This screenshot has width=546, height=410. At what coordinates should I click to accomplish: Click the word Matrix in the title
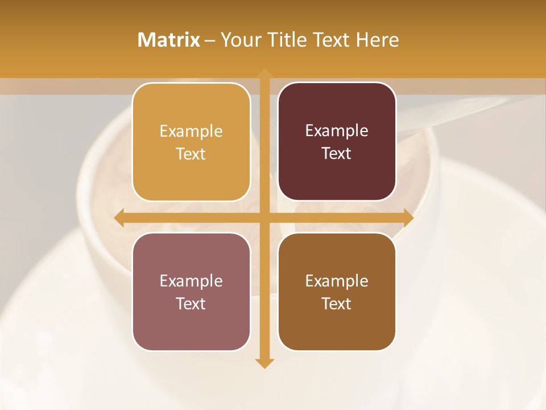(168, 40)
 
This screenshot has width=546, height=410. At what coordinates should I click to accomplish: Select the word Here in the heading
(378, 40)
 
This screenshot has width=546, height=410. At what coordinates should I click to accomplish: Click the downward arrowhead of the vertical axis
(264, 363)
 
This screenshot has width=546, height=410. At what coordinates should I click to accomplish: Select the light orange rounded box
(191, 142)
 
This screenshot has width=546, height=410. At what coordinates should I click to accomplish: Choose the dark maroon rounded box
(337, 142)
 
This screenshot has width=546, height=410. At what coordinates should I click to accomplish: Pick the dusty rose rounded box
(191, 292)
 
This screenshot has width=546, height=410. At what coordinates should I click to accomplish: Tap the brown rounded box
(337, 292)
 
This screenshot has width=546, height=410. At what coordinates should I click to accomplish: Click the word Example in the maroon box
(337, 130)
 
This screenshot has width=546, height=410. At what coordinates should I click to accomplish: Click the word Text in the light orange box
(191, 154)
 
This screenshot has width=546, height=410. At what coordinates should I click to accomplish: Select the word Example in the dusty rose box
(191, 281)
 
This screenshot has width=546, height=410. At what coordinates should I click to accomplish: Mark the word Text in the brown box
(337, 304)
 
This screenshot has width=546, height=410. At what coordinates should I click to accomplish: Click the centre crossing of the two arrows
(264, 218)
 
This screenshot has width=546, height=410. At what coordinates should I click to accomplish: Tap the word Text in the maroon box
(337, 153)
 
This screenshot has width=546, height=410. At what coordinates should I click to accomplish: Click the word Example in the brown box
(337, 281)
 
